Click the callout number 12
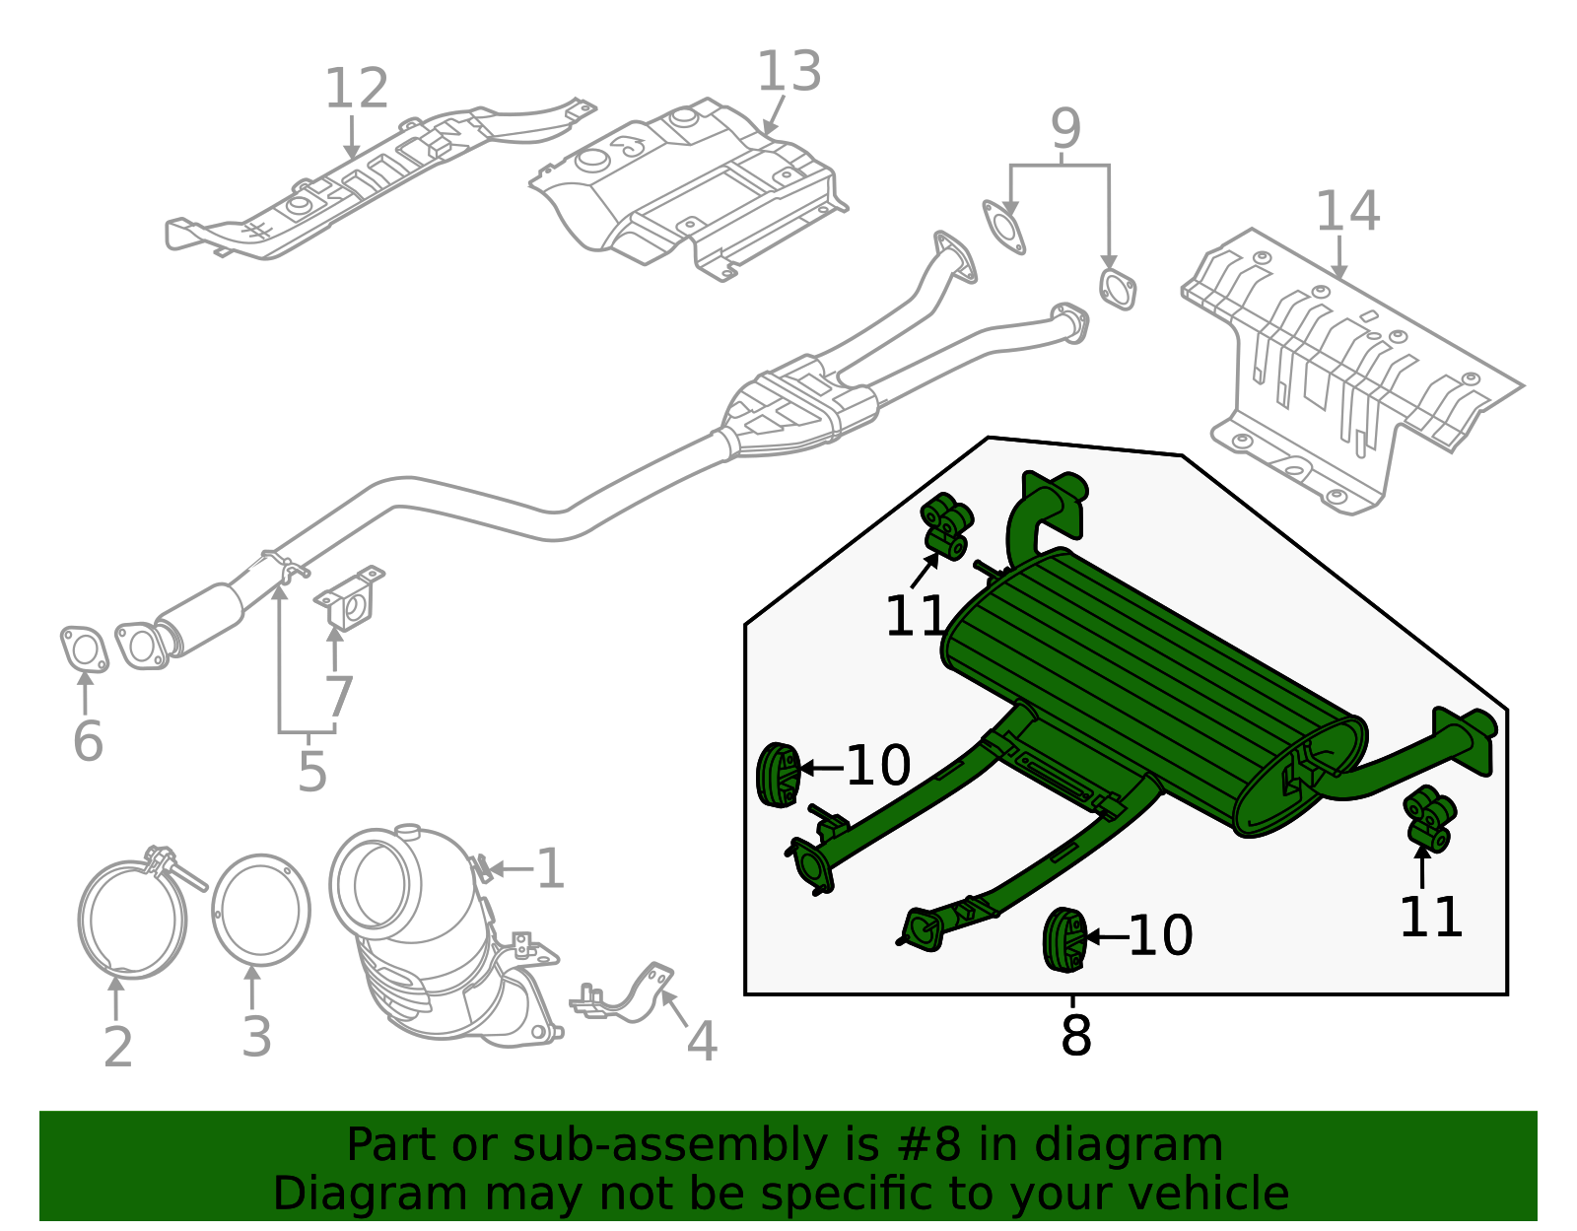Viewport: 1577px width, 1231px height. pos(356,90)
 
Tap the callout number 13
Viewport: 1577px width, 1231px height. pos(788,73)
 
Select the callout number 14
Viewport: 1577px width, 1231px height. pos(1347,212)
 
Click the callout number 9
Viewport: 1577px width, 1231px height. pos(1065,129)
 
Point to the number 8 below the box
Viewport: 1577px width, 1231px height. pos(1075,1036)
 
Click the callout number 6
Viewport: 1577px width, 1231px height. pos(88,741)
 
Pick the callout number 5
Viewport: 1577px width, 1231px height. pos(311,772)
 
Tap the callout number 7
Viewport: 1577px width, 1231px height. pos(338,697)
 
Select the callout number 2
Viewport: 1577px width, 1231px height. pos(117,1046)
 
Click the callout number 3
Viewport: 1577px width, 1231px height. pos(256,1037)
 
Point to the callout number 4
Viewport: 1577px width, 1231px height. pos(701,1042)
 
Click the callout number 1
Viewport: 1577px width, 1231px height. pos(549,869)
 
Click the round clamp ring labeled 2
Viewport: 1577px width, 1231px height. pos(132,919)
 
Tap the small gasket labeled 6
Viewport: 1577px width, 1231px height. pos(84,650)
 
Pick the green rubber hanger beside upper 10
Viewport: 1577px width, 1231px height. pos(778,775)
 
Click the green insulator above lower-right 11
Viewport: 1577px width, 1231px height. pos(1430,818)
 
